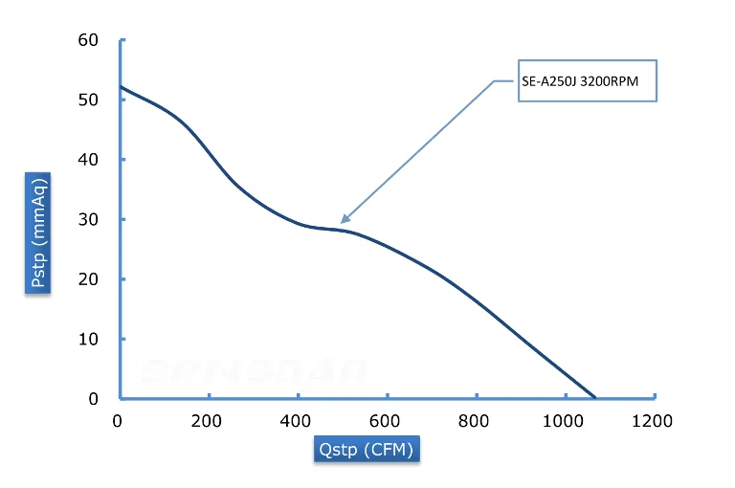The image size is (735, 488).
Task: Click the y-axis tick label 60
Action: [x=88, y=40]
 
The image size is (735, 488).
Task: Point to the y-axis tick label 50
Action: [x=88, y=100]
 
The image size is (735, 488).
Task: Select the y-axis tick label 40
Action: [x=88, y=160]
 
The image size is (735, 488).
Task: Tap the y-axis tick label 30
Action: [x=88, y=219]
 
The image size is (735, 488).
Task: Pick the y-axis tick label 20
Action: [x=88, y=279]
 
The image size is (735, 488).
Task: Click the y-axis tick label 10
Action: [x=88, y=339]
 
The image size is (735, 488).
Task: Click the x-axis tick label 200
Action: [x=207, y=420]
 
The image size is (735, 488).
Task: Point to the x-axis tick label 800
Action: [x=476, y=420]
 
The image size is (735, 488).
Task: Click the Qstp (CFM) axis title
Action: [x=367, y=449]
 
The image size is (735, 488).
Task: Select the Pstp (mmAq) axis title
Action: [x=38, y=232]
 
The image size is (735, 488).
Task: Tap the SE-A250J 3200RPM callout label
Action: [x=587, y=81]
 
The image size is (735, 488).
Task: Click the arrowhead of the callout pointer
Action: [x=344, y=221]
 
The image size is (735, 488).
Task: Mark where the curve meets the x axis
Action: [x=595, y=397]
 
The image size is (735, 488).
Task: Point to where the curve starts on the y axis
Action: [x=121, y=87]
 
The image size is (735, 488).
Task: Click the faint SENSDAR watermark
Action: [x=253, y=369]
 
